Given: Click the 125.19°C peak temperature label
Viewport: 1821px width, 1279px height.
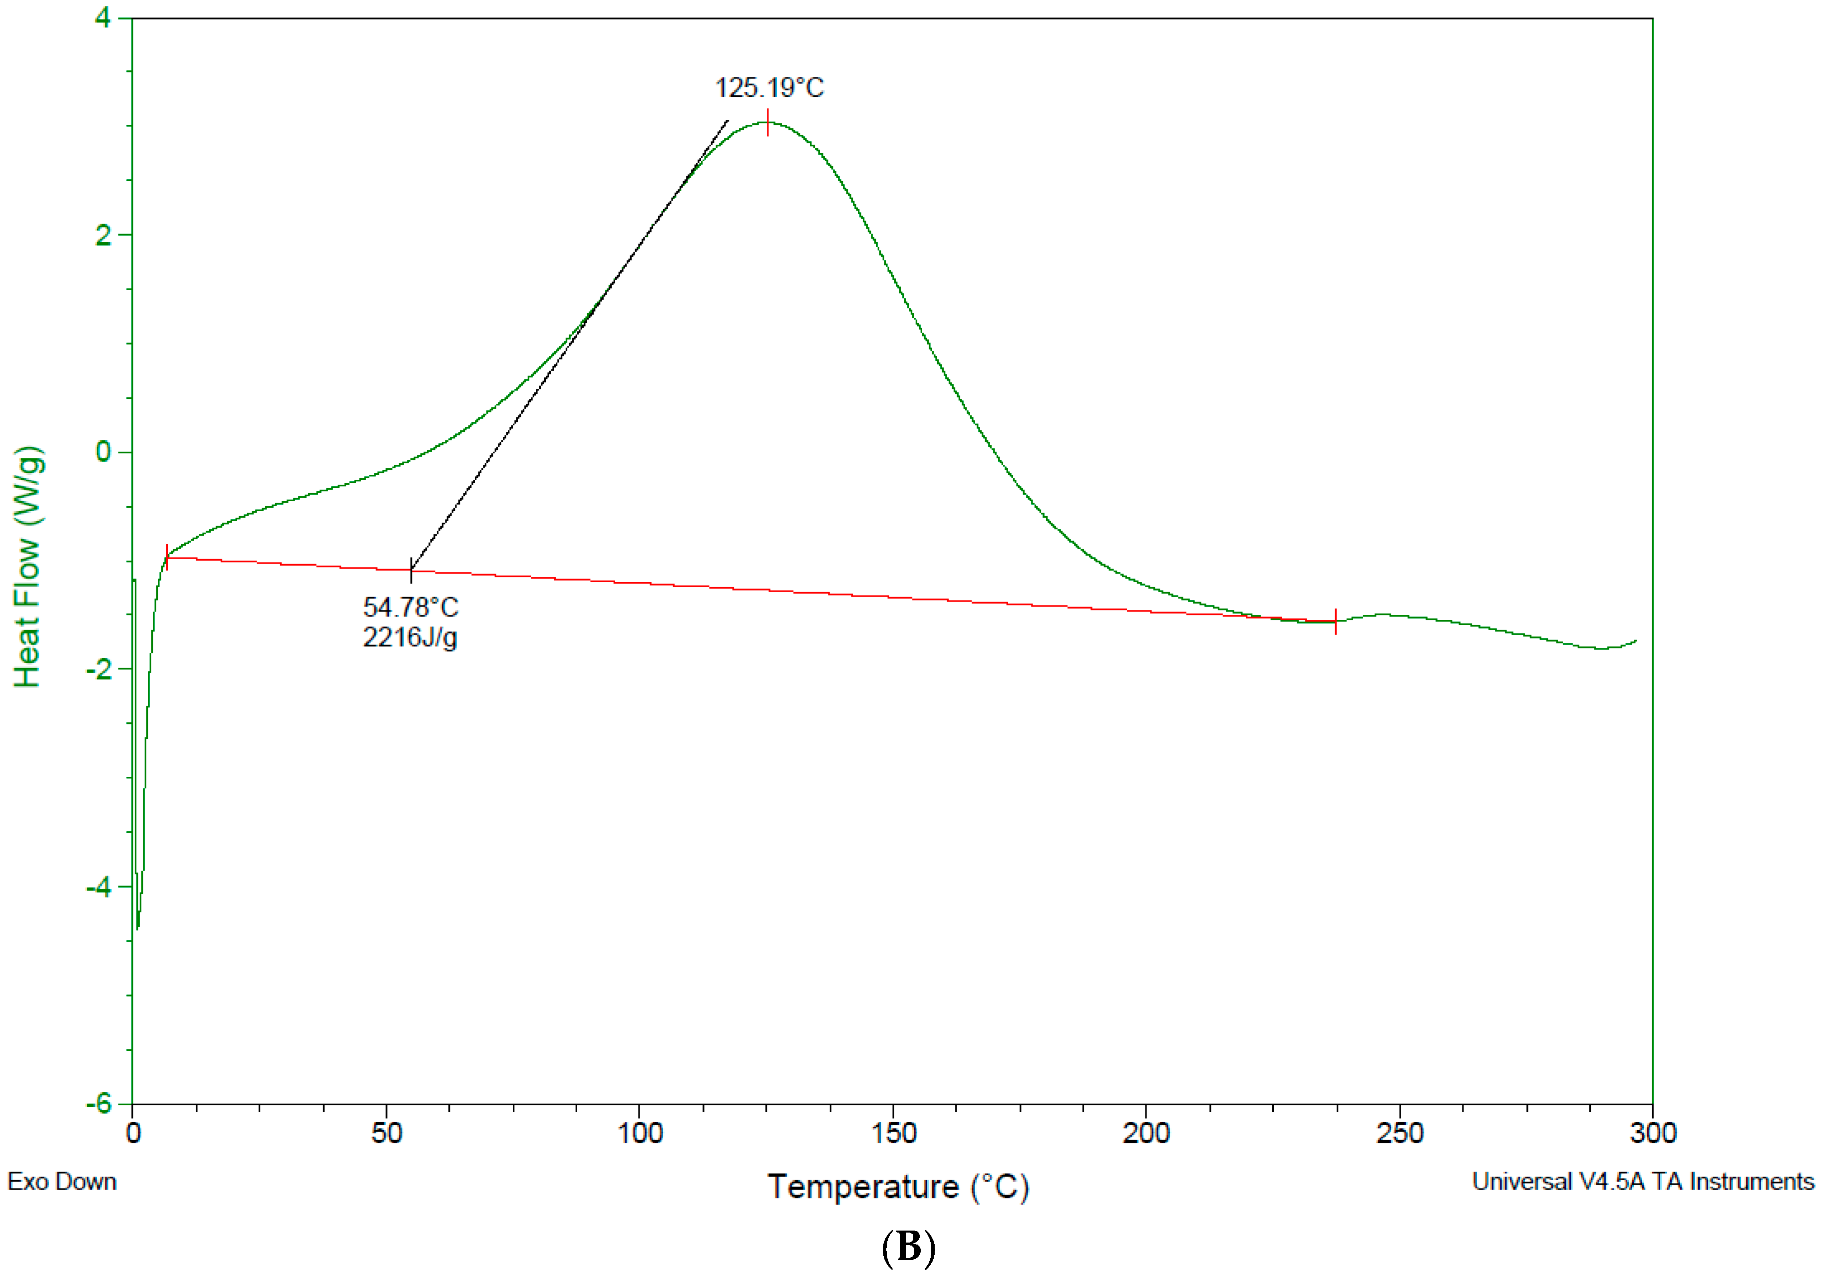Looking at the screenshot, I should coord(769,87).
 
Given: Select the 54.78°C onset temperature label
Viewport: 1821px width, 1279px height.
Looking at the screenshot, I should coord(410,608).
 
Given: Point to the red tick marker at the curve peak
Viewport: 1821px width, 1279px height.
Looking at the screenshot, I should coord(768,122).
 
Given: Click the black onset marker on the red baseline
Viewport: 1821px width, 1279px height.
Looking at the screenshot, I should coord(411,569).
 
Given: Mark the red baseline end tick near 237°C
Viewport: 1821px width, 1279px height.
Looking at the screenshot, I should coord(1336,622).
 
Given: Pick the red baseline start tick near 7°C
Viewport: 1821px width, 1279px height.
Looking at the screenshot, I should coord(167,558).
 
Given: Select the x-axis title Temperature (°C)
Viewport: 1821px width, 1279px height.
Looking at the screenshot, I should coord(898,1187).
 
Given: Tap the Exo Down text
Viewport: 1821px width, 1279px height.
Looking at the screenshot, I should coord(62,1182).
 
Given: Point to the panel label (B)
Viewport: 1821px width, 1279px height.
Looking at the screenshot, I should coord(908,1247).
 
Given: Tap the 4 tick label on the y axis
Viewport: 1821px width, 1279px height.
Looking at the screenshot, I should coord(103,17).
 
